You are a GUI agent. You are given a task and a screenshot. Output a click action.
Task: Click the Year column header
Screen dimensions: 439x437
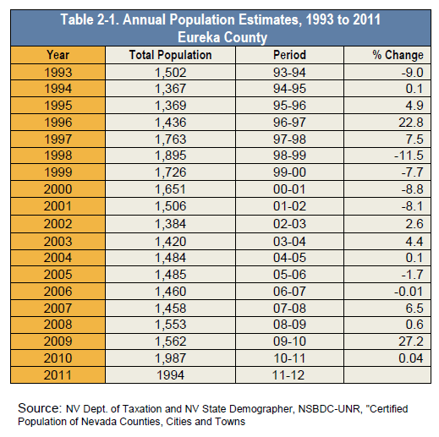[58, 55]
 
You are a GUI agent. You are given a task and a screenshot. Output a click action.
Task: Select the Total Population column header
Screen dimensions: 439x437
[170, 55]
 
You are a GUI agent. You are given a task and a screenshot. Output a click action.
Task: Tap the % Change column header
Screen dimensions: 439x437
[398, 55]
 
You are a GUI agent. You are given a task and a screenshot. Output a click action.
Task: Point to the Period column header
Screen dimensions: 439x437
[289, 55]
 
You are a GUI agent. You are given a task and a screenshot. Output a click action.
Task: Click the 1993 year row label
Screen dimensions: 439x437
[58, 73]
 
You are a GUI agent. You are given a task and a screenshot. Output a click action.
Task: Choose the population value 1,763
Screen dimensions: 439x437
[171, 139]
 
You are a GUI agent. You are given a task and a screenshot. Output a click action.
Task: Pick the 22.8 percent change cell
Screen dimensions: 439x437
[411, 123]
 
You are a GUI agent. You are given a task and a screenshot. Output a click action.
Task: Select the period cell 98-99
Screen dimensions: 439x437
[289, 156]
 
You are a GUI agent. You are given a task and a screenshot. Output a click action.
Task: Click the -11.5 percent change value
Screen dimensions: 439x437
[409, 156]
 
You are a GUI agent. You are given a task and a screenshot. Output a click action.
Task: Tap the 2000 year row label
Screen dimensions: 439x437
[58, 189]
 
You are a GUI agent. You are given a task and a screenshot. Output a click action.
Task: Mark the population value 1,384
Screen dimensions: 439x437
[171, 224]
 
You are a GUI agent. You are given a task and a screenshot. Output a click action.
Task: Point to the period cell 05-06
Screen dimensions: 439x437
[289, 275]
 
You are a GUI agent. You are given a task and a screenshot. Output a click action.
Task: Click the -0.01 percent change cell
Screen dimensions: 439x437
[409, 292]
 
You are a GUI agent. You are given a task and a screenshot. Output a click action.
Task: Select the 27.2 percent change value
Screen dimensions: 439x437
[411, 341]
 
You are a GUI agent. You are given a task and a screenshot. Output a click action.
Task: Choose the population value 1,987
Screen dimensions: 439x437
[171, 358]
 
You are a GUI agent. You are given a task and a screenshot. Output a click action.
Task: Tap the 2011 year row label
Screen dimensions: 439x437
[58, 375]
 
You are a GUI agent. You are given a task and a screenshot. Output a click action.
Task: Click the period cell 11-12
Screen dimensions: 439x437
[288, 375]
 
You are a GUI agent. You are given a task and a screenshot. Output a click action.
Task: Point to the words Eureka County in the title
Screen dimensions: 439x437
[222, 37]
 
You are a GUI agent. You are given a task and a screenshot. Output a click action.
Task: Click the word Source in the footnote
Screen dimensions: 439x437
[40, 408]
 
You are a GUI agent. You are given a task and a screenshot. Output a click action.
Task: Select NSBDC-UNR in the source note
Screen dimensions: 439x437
[329, 409]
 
